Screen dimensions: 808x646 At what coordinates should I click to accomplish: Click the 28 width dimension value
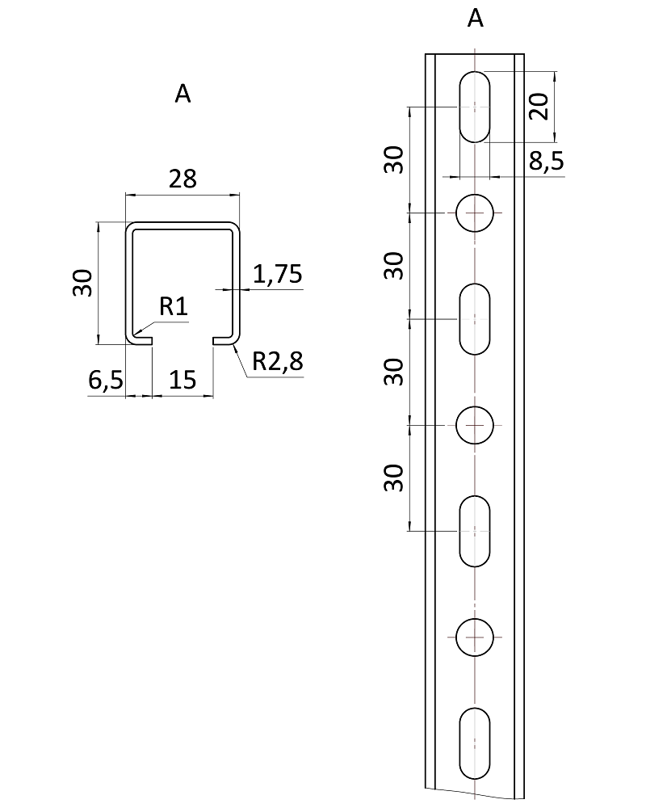(182, 179)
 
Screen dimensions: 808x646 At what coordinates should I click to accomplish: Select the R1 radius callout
(174, 305)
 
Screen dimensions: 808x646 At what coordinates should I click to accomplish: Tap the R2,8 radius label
(277, 361)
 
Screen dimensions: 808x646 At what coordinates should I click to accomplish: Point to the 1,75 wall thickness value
(278, 275)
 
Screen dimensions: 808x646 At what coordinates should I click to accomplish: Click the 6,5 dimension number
(105, 381)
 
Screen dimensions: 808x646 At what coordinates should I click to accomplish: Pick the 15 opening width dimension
(183, 381)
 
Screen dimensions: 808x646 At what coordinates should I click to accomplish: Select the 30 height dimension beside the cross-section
(83, 283)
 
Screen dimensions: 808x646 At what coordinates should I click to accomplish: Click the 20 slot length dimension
(539, 106)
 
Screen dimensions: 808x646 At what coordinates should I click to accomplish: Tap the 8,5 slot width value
(546, 162)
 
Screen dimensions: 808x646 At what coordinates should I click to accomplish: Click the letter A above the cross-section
(182, 95)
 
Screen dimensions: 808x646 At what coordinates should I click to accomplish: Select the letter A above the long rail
(476, 19)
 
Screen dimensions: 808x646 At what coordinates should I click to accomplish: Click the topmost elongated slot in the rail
(476, 107)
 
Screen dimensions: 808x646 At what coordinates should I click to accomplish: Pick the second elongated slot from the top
(476, 319)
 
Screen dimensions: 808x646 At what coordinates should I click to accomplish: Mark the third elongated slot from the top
(476, 531)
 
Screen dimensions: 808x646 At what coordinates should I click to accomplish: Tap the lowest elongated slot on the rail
(476, 743)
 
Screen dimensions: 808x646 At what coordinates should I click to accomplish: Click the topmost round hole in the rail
(476, 213)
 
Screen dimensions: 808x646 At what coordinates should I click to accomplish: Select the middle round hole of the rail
(476, 425)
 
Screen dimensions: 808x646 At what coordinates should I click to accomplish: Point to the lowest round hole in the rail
(476, 638)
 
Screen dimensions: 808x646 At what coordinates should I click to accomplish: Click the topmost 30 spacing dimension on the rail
(393, 159)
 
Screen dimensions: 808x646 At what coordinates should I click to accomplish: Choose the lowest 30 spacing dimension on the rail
(393, 478)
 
